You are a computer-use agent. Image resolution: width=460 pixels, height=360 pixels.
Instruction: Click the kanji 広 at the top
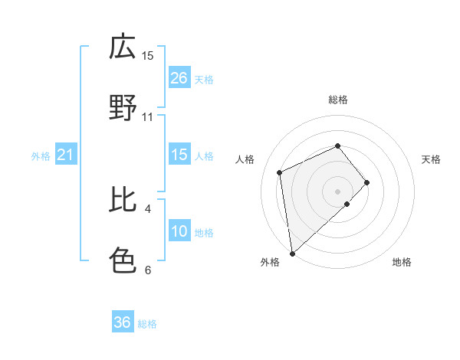click(123, 47)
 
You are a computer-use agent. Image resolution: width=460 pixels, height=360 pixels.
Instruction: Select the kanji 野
click(123, 108)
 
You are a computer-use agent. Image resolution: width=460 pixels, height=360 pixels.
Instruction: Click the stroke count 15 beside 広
click(148, 55)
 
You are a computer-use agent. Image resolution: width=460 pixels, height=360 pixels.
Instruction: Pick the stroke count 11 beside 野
click(148, 116)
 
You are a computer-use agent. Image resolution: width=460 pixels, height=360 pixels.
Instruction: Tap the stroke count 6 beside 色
click(148, 270)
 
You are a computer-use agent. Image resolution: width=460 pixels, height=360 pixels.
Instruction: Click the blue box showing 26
click(179, 78)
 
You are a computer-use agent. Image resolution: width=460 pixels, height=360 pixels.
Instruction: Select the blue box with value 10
click(179, 232)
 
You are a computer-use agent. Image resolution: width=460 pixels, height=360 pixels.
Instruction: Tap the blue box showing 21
click(66, 155)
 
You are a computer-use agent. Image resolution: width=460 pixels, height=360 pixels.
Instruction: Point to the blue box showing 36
click(123, 322)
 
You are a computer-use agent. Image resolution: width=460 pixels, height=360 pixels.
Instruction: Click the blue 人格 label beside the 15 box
click(204, 155)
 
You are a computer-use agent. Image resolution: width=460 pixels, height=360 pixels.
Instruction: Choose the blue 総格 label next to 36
click(148, 324)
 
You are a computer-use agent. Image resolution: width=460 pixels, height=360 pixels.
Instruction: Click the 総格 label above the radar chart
click(338, 100)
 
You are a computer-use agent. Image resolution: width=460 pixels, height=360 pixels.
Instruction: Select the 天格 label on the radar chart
click(432, 159)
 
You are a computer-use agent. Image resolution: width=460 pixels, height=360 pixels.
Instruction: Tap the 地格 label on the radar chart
click(402, 262)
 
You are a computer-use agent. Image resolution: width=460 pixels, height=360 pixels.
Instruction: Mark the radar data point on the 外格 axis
click(292, 253)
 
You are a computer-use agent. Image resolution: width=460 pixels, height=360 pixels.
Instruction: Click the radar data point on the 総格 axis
click(338, 146)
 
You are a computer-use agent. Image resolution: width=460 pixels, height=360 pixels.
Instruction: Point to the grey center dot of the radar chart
click(338, 190)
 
